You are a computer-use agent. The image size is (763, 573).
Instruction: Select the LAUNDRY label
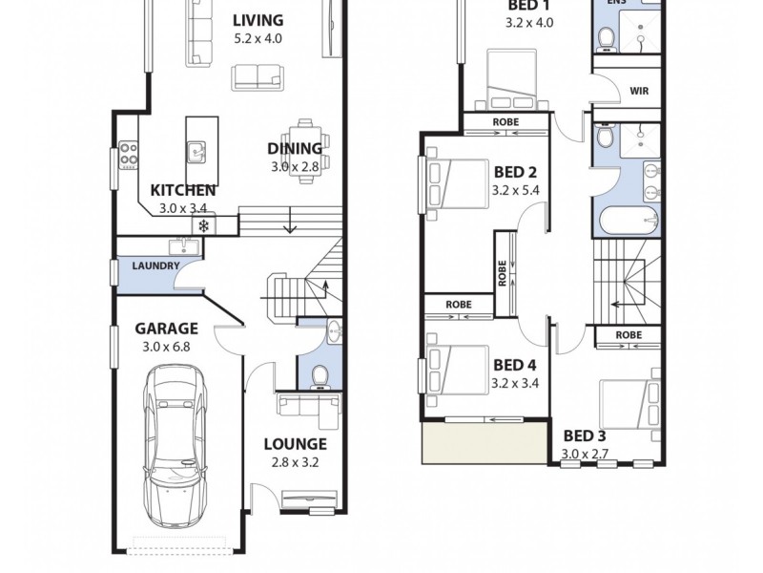tap(155, 266)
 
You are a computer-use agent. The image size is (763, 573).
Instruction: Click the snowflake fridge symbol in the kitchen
tap(203, 225)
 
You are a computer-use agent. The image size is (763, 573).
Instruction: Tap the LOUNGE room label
tap(295, 444)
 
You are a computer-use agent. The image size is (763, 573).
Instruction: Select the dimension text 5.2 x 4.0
tap(258, 39)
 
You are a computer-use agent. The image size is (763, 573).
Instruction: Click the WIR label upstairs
tap(640, 93)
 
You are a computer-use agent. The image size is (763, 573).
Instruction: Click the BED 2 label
tap(514, 173)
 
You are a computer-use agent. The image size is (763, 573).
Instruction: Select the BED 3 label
tap(585, 435)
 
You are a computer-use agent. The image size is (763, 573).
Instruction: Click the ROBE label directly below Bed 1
tap(505, 122)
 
